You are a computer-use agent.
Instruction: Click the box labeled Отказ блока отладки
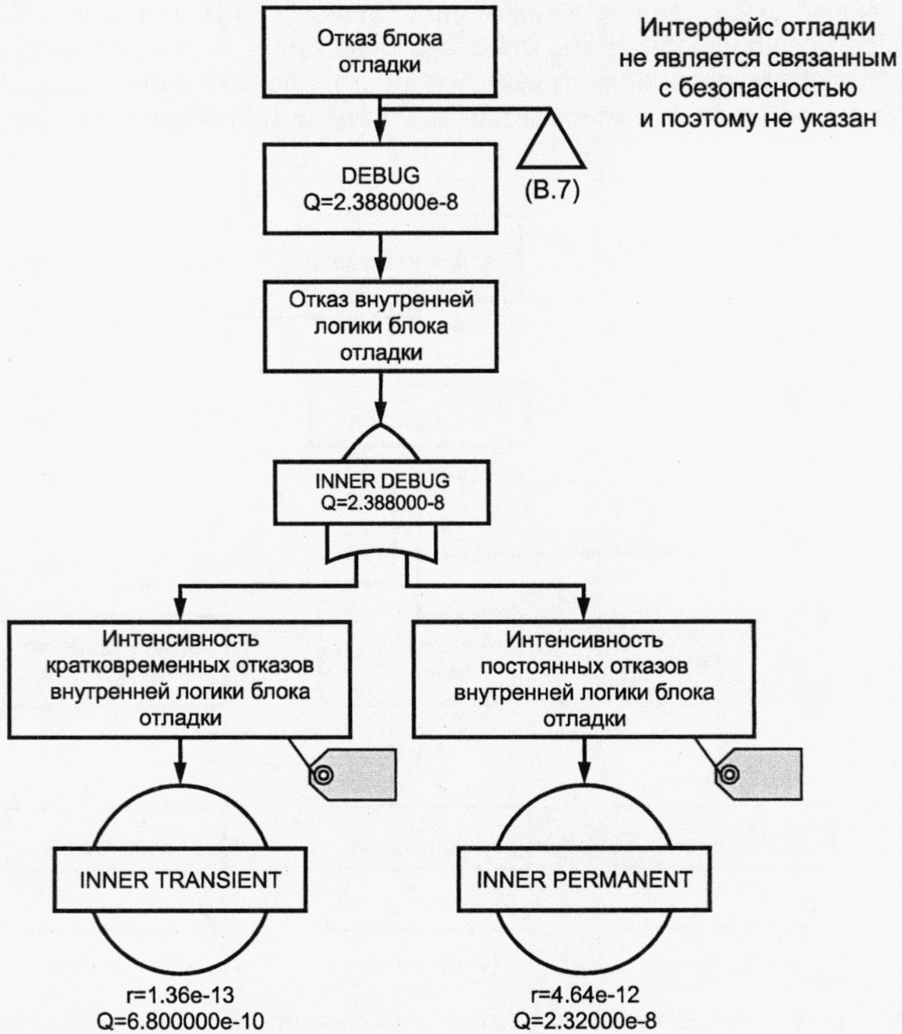point(379,50)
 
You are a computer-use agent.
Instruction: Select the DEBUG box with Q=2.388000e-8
point(379,188)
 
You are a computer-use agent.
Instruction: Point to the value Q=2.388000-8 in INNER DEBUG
point(382,503)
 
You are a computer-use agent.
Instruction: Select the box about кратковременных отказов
point(180,679)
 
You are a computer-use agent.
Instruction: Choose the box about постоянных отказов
point(583,679)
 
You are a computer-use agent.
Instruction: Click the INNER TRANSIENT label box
point(180,879)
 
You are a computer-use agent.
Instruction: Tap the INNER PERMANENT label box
point(583,879)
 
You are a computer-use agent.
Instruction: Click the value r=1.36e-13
point(179,995)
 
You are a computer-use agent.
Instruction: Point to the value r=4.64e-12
point(584,995)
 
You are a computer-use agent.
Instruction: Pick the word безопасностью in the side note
point(757,89)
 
